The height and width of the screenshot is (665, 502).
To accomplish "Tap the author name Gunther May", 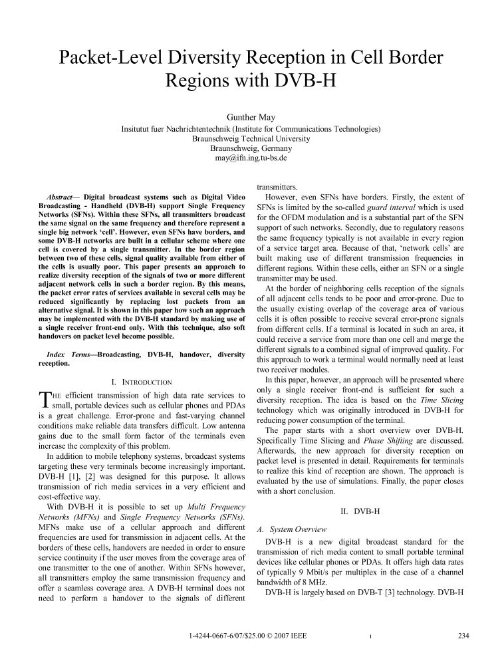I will coord(251,118).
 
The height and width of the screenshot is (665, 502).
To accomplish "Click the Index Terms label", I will coord(66,356).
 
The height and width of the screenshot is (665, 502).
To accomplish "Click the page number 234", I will coord(463,636).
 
